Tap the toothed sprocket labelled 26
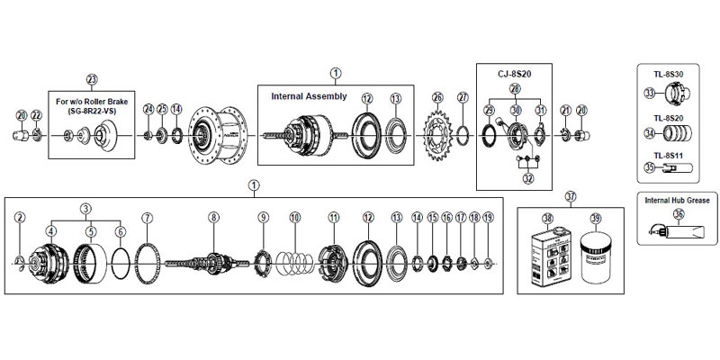[438, 136]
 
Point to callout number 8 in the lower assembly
[213, 217]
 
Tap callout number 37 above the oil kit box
[570, 195]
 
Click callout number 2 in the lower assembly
[20, 217]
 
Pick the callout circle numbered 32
[527, 179]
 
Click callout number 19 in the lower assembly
[488, 217]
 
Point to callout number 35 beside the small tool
[649, 166]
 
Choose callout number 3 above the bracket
[85, 208]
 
